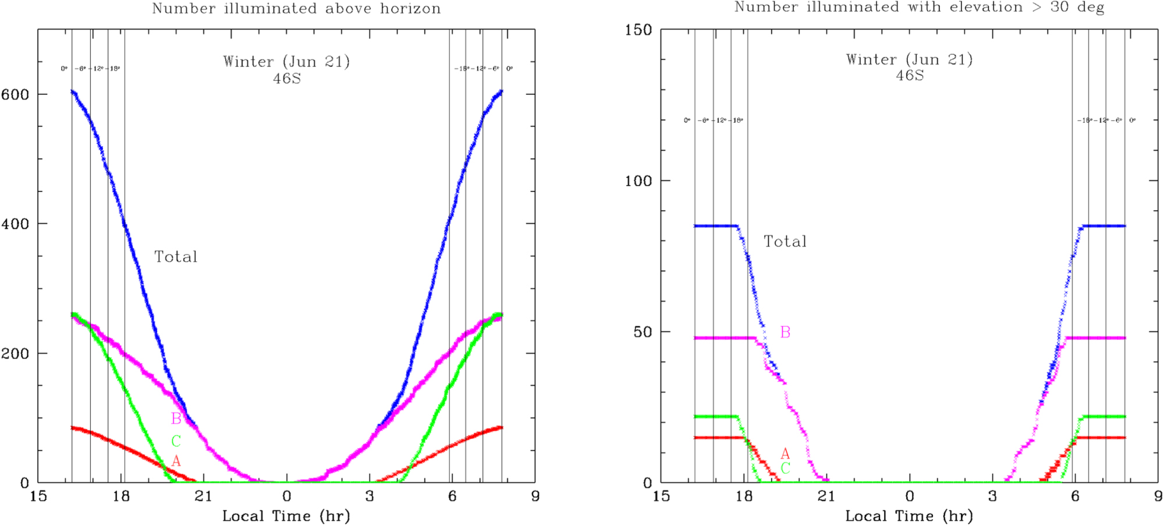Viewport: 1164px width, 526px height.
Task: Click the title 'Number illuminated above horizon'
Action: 296,9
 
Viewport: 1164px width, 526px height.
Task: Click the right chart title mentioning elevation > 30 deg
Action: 919,8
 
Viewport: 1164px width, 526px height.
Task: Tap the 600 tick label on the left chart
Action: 15,95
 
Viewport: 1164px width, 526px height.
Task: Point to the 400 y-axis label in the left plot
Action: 15,224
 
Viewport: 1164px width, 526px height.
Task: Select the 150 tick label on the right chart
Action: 638,30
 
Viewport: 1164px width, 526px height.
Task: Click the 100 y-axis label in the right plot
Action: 638,181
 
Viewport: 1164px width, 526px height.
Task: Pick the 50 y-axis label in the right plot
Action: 643,332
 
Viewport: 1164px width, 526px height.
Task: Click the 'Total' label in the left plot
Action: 176,257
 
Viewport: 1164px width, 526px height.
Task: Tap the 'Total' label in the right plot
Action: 785,242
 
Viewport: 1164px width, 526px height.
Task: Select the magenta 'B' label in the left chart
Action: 176,418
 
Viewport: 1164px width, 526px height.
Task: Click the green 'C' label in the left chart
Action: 176,441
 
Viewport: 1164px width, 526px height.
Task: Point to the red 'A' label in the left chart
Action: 176,461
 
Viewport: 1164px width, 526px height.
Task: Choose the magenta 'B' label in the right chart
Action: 785,332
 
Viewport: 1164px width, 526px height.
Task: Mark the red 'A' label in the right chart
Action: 785,454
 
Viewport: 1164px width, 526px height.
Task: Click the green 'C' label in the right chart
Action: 785,468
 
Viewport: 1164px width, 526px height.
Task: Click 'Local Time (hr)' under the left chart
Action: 286,516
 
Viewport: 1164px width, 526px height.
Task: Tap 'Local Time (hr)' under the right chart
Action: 909,516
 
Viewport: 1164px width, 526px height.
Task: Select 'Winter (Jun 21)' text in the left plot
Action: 286,62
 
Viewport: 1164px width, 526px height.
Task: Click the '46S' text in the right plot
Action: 910,76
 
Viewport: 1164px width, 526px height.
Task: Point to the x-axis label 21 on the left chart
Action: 204,496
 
